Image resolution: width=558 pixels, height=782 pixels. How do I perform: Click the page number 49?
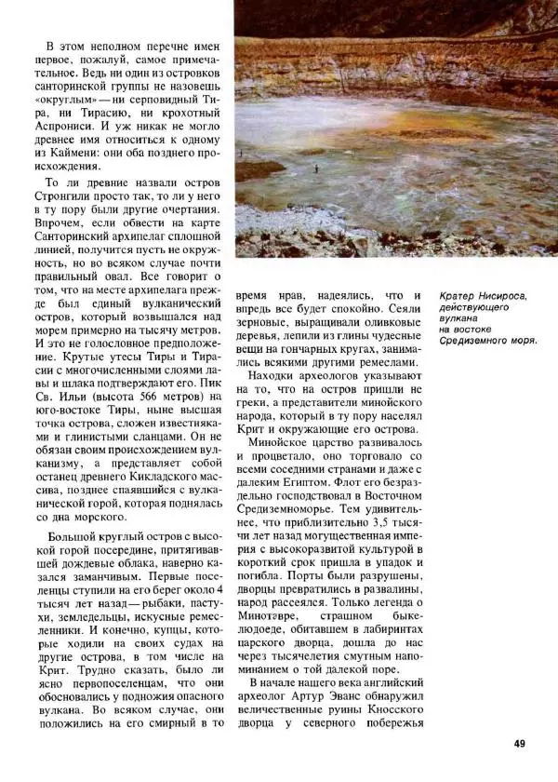520,743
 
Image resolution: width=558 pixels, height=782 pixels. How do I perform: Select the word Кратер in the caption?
461,297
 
